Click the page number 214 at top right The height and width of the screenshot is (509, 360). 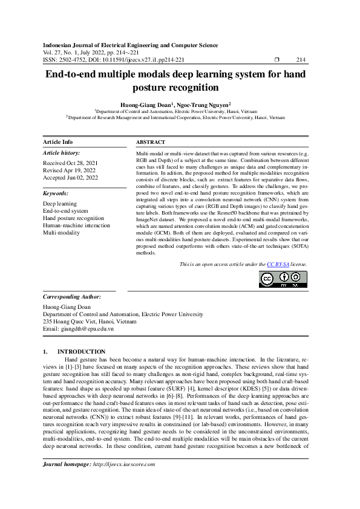click(x=301, y=60)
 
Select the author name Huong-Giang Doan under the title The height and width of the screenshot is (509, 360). click(x=147, y=104)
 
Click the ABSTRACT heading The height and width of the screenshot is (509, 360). click(x=151, y=142)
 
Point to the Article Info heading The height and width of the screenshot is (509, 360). click(x=58, y=142)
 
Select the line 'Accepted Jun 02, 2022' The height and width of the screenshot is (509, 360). click(x=71, y=179)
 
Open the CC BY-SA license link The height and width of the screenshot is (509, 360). click(x=278, y=265)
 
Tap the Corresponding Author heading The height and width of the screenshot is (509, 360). click(x=72, y=297)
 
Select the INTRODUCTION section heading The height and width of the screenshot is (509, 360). click(x=81, y=351)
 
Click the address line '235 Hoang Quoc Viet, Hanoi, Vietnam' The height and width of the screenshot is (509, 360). click(x=90, y=322)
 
